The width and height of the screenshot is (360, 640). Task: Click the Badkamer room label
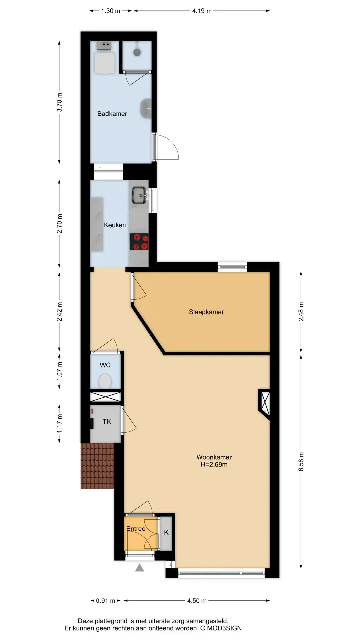(x=112, y=114)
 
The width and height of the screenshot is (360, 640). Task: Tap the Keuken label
(x=115, y=225)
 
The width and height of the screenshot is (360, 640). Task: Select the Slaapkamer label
(x=206, y=312)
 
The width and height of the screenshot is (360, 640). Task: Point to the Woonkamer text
(x=214, y=457)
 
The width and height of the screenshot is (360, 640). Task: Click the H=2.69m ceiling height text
(x=214, y=464)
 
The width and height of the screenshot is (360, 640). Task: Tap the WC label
(x=105, y=365)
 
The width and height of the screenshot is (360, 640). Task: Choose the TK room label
(x=107, y=422)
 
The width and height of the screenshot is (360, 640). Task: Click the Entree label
(x=136, y=529)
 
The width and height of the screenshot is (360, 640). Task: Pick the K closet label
(x=166, y=532)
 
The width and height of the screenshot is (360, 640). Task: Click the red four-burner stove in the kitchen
(x=139, y=242)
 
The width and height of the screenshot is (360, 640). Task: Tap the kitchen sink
(x=140, y=195)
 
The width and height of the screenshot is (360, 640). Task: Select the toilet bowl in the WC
(x=105, y=381)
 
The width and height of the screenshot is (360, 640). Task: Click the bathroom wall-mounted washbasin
(x=146, y=109)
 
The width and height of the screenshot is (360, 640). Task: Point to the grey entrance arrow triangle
(x=139, y=567)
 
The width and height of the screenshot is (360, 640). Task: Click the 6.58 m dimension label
(x=301, y=462)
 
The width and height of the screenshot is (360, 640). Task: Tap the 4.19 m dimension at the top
(x=202, y=11)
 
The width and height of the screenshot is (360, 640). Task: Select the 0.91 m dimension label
(x=105, y=601)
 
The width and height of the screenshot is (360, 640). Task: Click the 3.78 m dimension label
(x=59, y=102)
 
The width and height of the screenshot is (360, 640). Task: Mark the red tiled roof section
(x=97, y=466)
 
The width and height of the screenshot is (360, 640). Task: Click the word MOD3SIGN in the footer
(x=224, y=628)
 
